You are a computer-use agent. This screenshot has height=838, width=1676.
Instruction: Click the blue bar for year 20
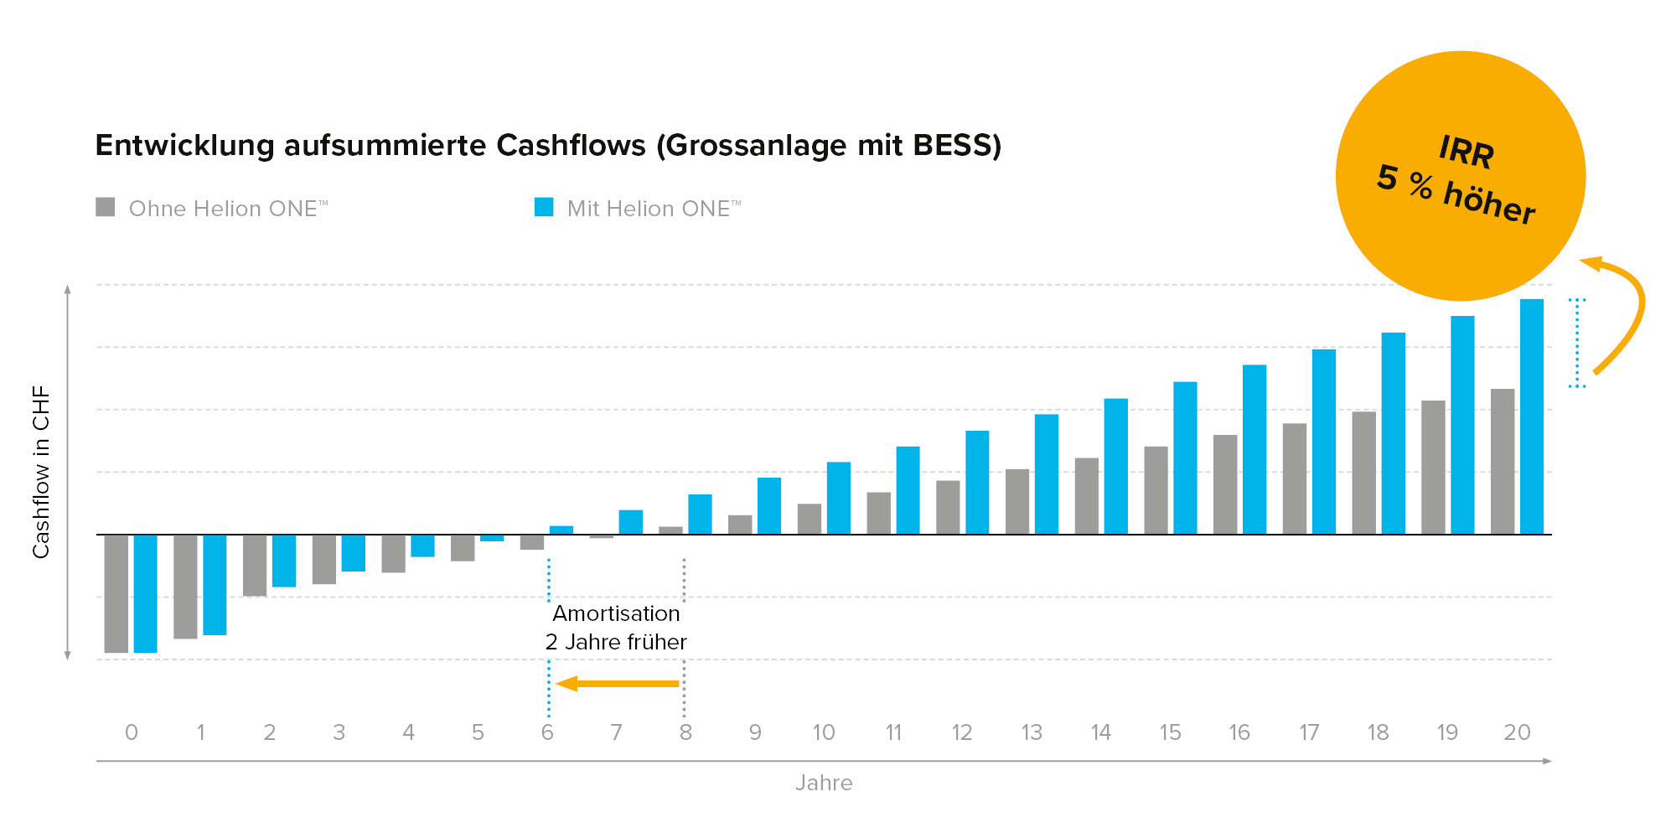(1531, 416)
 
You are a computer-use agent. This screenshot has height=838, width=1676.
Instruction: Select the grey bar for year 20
(1502, 461)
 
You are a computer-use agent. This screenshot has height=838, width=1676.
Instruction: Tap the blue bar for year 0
(145, 593)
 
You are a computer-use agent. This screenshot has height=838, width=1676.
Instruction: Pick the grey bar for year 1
(185, 587)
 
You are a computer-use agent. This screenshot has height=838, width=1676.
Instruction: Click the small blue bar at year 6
(561, 530)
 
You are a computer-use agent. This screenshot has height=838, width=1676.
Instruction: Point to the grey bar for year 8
(670, 530)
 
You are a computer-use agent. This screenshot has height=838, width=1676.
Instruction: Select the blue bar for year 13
(1046, 473)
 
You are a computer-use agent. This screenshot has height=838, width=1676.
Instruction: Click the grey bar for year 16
(1224, 484)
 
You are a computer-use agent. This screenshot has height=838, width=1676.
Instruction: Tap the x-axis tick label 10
(823, 732)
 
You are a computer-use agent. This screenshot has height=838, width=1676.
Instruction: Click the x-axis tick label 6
(547, 732)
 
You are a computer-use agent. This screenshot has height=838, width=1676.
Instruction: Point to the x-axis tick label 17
(1308, 732)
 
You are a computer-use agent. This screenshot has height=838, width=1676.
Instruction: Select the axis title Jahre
(823, 783)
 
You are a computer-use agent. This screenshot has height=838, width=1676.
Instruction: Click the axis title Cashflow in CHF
(41, 472)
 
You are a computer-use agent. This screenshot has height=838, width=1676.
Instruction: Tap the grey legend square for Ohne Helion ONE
(106, 207)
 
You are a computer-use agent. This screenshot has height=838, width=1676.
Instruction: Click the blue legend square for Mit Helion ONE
(544, 207)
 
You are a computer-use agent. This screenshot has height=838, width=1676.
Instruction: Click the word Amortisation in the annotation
(616, 613)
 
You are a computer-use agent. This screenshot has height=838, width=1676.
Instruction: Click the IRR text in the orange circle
(1466, 152)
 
